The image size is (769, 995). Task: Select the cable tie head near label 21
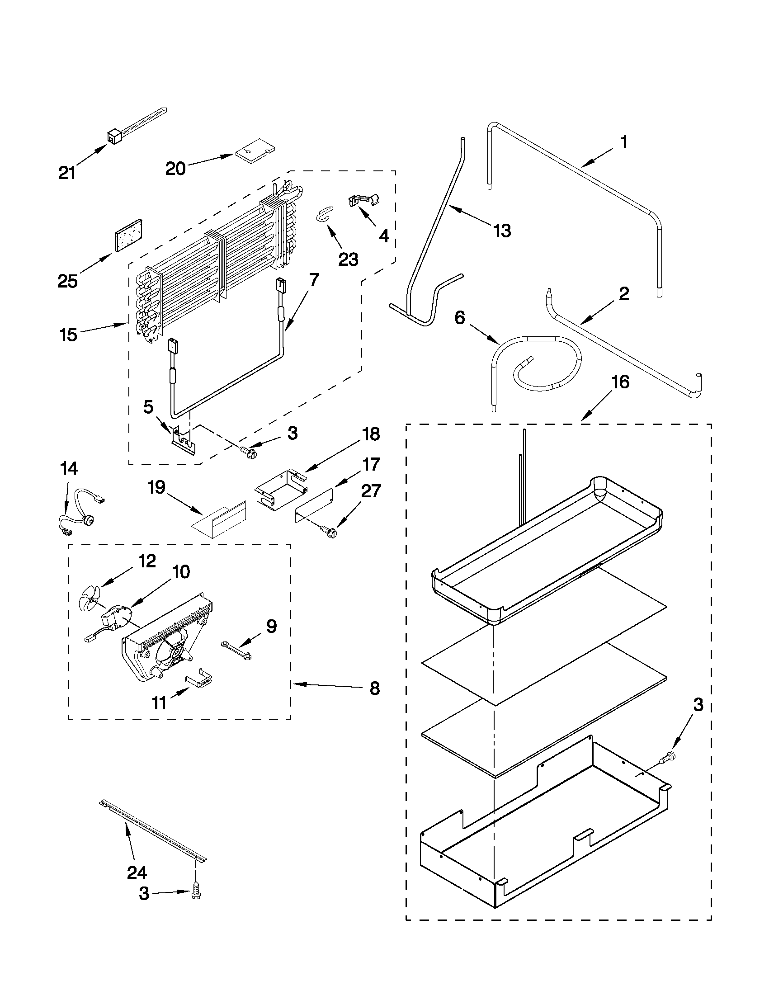[x=113, y=135]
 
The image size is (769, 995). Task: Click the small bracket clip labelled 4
[x=363, y=199]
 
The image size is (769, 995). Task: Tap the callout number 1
[x=624, y=142]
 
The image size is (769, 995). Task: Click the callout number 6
[x=460, y=317]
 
